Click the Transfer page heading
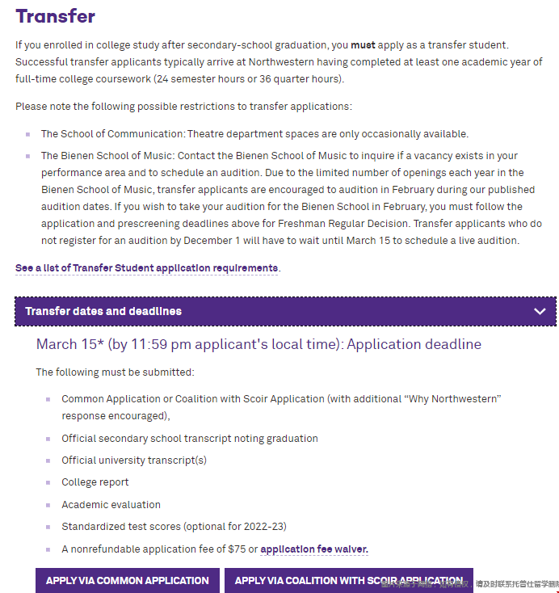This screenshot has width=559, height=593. coord(55,15)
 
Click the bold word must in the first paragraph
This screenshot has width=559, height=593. coord(363,45)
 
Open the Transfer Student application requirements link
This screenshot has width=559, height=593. coord(147,268)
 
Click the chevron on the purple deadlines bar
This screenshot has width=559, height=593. coord(540,311)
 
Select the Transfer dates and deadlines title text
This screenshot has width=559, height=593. coord(103,311)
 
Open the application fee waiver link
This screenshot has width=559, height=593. coord(314,549)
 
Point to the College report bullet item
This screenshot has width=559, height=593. coord(95,482)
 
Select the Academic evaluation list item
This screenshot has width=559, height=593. coord(111,505)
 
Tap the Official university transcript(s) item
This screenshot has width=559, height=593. coord(134,461)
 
